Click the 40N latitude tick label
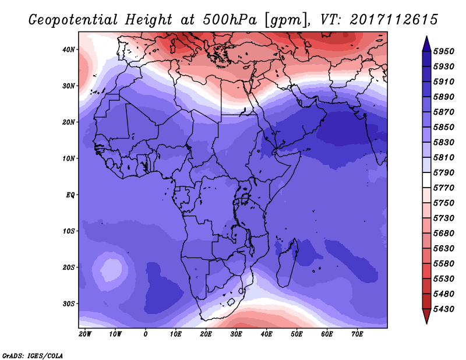coord(68,50)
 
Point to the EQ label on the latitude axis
coord(70,195)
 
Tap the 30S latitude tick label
coord(68,304)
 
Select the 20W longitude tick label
coord(85,334)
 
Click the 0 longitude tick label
coord(145,334)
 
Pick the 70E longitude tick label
coord(357,334)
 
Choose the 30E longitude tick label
coord(236,334)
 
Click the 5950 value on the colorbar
coord(444,51)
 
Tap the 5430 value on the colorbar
coord(444,309)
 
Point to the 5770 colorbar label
coord(444,188)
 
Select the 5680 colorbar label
coord(444,234)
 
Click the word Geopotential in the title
coord(73,20)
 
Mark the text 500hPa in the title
coord(230,20)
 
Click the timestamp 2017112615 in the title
coord(394,20)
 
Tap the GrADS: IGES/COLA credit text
coord(33,356)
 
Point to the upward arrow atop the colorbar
coord(426,44)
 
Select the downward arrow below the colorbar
coord(426,316)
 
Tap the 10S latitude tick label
coord(68,231)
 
